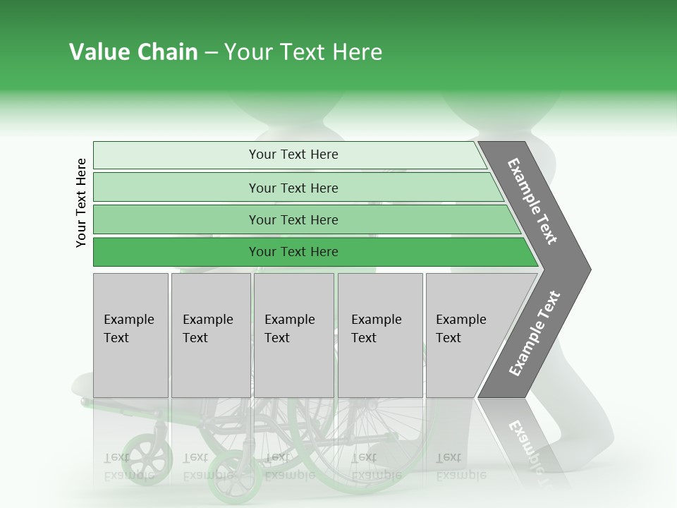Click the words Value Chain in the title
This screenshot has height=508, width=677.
click(133, 52)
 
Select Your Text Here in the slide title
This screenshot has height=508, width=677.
click(303, 52)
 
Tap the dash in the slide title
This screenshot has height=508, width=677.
click(211, 53)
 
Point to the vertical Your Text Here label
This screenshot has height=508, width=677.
click(81, 202)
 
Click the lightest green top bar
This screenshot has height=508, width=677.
click(293, 155)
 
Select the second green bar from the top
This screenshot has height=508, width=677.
click(293, 188)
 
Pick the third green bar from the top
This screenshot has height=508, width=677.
click(293, 219)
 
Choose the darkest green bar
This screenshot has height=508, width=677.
click(293, 252)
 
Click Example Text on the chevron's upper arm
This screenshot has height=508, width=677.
click(532, 201)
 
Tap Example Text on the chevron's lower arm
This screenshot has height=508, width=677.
click(535, 334)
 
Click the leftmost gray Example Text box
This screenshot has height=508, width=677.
click(130, 335)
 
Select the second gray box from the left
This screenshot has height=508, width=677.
click(211, 335)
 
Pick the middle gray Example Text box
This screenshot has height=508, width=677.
click(293, 335)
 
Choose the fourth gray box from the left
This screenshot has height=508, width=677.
click(380, 335)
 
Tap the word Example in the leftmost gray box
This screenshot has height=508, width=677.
click(128, 320)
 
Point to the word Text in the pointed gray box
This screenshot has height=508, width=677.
click(449, 338)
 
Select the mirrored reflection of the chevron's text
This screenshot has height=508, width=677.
click(525, 445)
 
